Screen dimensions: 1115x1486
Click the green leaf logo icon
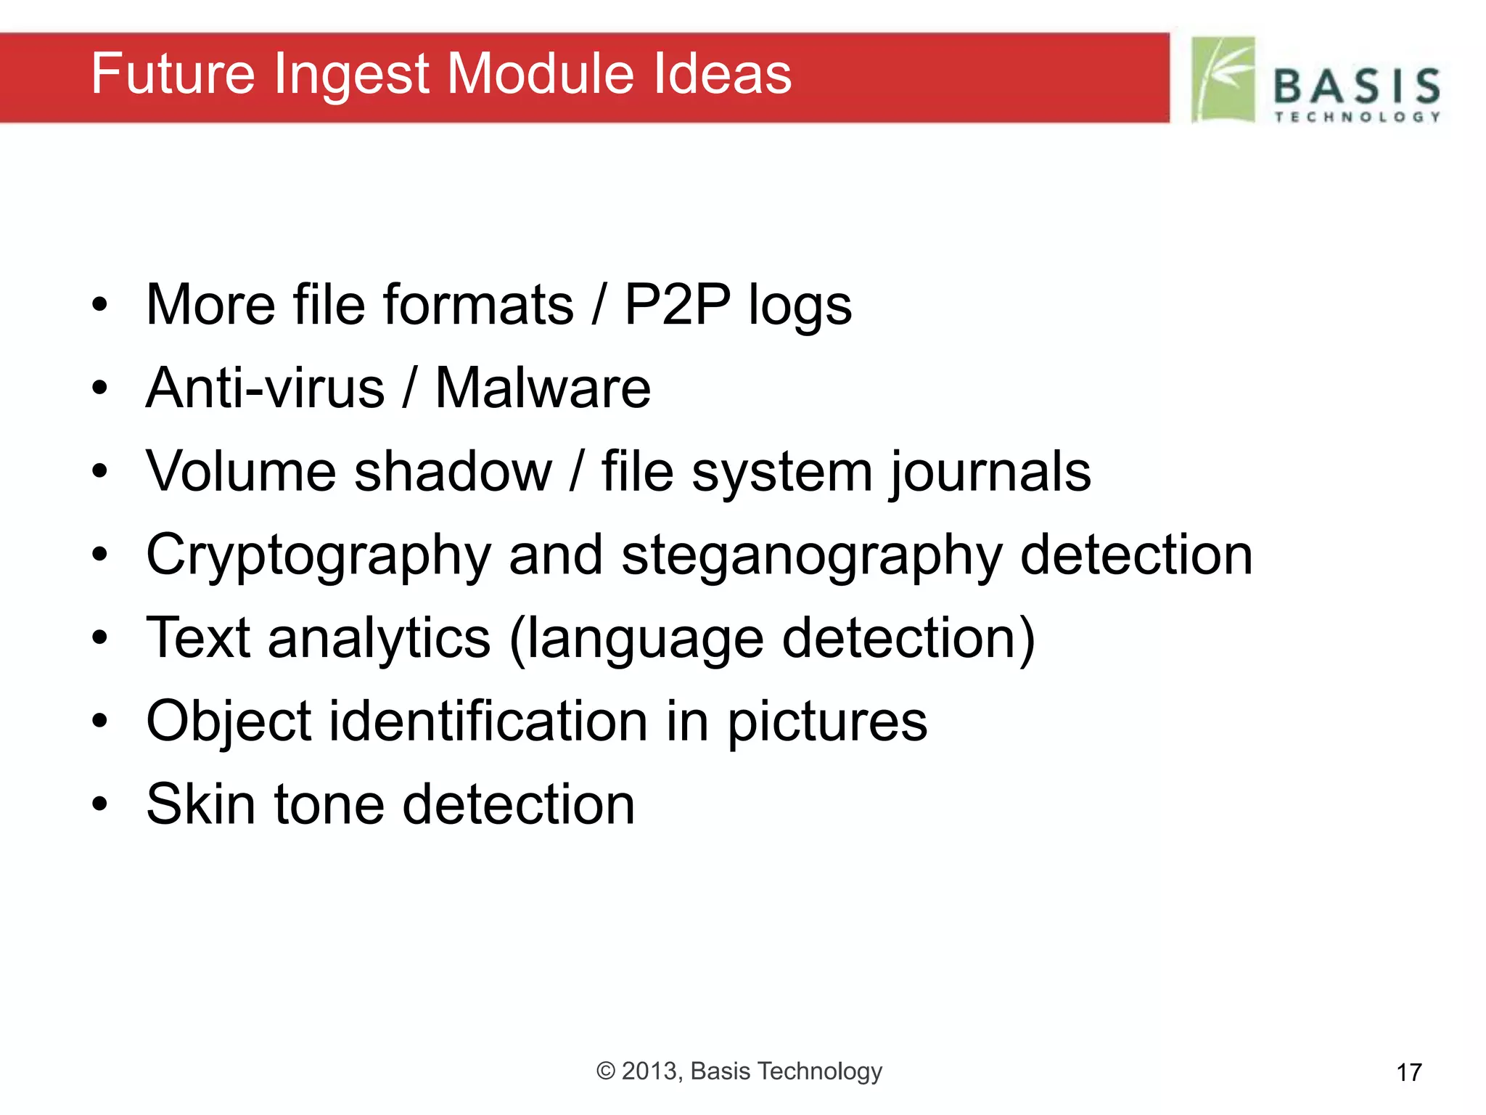click(x=1223, y=80)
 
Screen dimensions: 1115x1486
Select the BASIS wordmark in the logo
click(x=1357, y=86)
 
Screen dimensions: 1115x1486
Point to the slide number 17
click(x=1409, y=1072)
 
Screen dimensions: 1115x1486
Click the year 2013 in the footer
click(x=651, y=1071)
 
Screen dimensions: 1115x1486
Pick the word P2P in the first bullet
click(x=677, y=304)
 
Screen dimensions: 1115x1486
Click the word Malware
click(x=543, y=388)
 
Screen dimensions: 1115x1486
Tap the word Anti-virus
click(x=265, y=388)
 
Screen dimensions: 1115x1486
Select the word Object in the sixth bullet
click(x=229, y=722)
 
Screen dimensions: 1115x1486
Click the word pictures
click(x=827, y=722)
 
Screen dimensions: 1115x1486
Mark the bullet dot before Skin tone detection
click(x=100, y=804)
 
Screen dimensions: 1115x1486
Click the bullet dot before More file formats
click(x=100, y=304)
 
